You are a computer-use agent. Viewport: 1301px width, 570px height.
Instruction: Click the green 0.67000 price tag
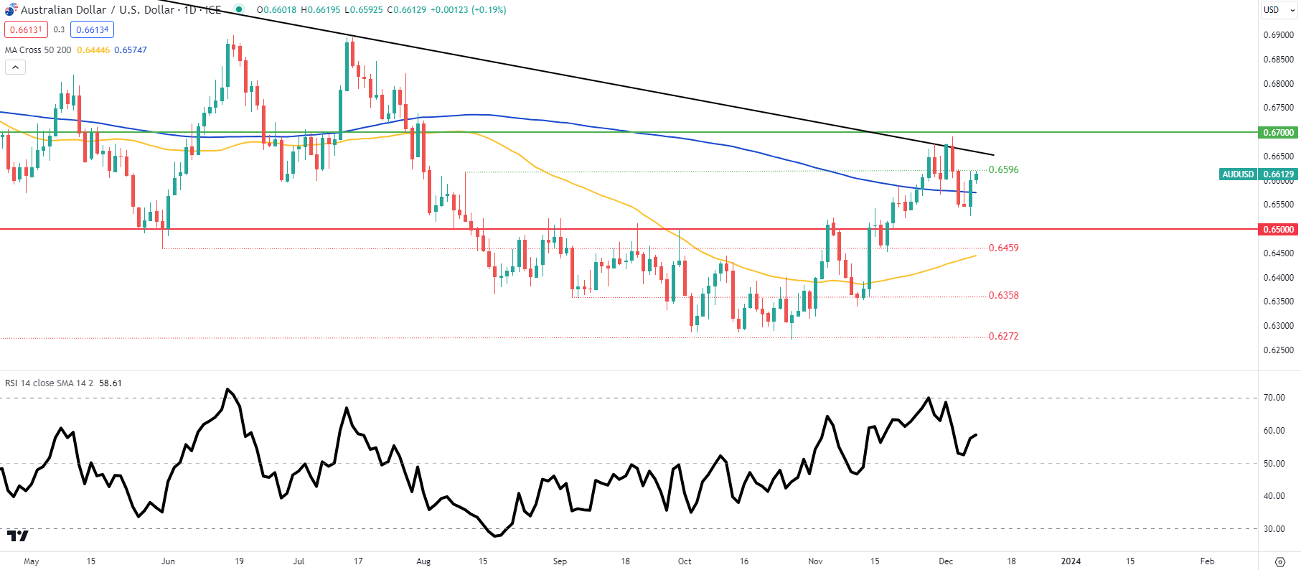point(1279,132)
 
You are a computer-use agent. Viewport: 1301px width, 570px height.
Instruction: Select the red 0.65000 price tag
point(1279,230)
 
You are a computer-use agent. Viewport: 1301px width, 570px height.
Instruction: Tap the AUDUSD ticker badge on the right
point(1238,174)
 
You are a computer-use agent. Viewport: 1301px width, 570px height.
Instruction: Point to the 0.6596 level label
point(1003,170)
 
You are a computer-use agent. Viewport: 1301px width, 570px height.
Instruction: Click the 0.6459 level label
point(1003,248)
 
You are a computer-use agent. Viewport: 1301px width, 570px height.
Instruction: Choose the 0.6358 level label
point(1003,295)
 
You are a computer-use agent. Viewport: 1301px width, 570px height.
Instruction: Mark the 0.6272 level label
point(1003,336)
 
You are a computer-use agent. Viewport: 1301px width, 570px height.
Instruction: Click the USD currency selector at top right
point(1272,10)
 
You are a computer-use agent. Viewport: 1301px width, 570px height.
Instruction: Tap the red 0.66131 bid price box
point(26,29)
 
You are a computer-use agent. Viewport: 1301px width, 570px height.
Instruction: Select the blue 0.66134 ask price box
point(93,29)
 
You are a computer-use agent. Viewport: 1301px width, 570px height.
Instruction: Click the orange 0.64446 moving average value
point(93,50)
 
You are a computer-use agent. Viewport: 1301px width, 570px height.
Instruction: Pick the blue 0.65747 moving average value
point(131,50)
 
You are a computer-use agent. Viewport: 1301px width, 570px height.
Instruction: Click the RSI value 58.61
point(111,383)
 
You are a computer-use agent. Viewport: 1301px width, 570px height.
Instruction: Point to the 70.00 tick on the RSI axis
point(1274,398)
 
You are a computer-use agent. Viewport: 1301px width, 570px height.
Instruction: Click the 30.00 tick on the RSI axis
point(1274,529)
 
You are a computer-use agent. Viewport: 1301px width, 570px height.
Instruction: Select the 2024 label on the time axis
point(1071,561)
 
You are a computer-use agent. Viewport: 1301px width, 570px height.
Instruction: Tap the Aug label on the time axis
point(423,561)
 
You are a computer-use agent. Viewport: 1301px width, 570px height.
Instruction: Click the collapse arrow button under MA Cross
point(15,67)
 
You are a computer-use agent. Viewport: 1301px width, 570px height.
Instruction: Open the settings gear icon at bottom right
point(1279,561)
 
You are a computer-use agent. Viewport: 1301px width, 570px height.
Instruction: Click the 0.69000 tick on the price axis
point(1278,35)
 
